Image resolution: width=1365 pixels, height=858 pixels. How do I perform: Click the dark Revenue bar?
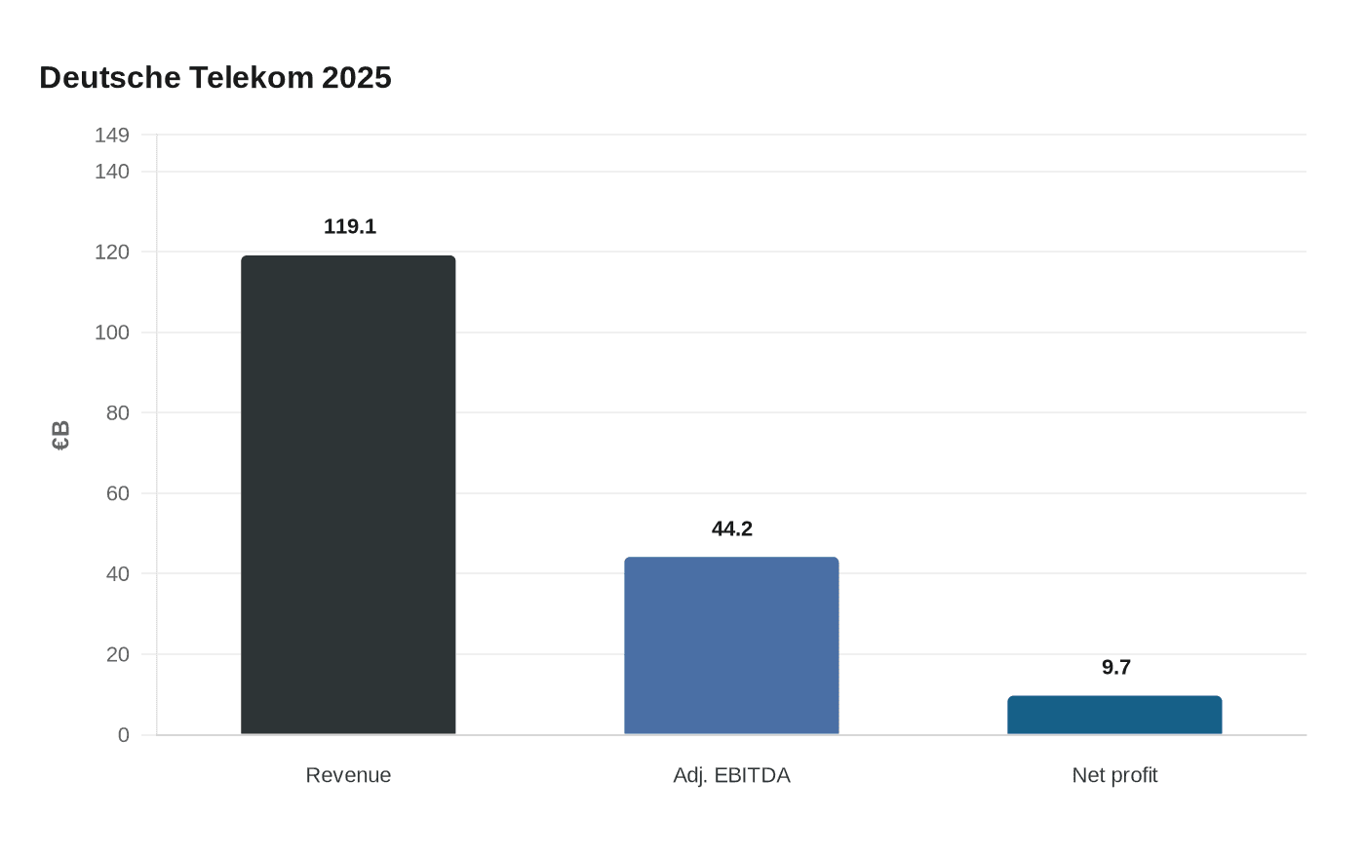tap(348, 494)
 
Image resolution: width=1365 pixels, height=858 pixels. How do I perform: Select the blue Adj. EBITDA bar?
tap(731, 645)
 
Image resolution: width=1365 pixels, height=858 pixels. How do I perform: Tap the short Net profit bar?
tap(1114, 715)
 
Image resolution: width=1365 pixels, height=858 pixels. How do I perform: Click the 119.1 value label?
tap(349, 226)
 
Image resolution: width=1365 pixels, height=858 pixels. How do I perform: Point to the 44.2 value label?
tap(732, 528)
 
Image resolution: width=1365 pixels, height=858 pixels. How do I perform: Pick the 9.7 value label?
tap(1115, 667)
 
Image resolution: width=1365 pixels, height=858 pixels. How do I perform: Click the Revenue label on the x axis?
tap(348, 775)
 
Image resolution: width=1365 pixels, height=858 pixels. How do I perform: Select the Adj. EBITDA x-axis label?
tap(731, 775)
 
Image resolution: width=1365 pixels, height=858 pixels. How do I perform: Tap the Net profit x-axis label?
tap(1114, 775)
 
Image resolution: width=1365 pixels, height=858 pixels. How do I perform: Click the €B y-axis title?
tap(60, 435)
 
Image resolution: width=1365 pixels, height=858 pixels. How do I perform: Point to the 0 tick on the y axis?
tap(123, 735)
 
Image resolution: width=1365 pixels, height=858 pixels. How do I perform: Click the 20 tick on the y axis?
tap(117, 654)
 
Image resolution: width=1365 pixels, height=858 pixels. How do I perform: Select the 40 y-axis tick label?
tap(117, 574)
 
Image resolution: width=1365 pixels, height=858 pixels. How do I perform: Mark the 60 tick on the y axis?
tap(117, 493)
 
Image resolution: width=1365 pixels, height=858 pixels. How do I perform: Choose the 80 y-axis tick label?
tap(117, 413)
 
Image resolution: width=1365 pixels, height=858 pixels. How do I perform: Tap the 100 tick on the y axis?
tap(112, 332)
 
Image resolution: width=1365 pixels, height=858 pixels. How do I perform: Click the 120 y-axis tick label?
tap(112, 253)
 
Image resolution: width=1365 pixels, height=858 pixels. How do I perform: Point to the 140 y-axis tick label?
tap(112, 172)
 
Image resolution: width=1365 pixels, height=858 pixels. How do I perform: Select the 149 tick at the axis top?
tap(112, 136)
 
